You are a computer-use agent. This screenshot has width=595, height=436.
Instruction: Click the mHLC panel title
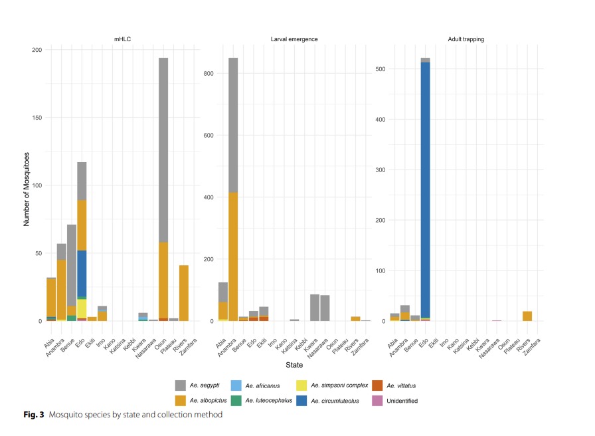click(122, 39)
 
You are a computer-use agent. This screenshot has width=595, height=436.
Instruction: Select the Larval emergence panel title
click(294, 39)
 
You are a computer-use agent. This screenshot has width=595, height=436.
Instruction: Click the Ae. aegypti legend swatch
click(181, 385)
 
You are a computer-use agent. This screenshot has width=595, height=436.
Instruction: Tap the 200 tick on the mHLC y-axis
click(37, 51)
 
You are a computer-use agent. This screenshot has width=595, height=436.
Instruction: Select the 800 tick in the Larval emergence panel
click(207, 73)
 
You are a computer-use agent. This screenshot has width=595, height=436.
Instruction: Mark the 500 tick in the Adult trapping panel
click(381, 69)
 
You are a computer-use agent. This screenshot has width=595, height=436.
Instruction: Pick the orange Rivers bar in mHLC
click(184, 293)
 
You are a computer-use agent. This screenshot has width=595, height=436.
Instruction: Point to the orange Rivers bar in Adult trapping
click(528, 316)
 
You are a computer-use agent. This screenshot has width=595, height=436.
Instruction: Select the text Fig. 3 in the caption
click(33, 415)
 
